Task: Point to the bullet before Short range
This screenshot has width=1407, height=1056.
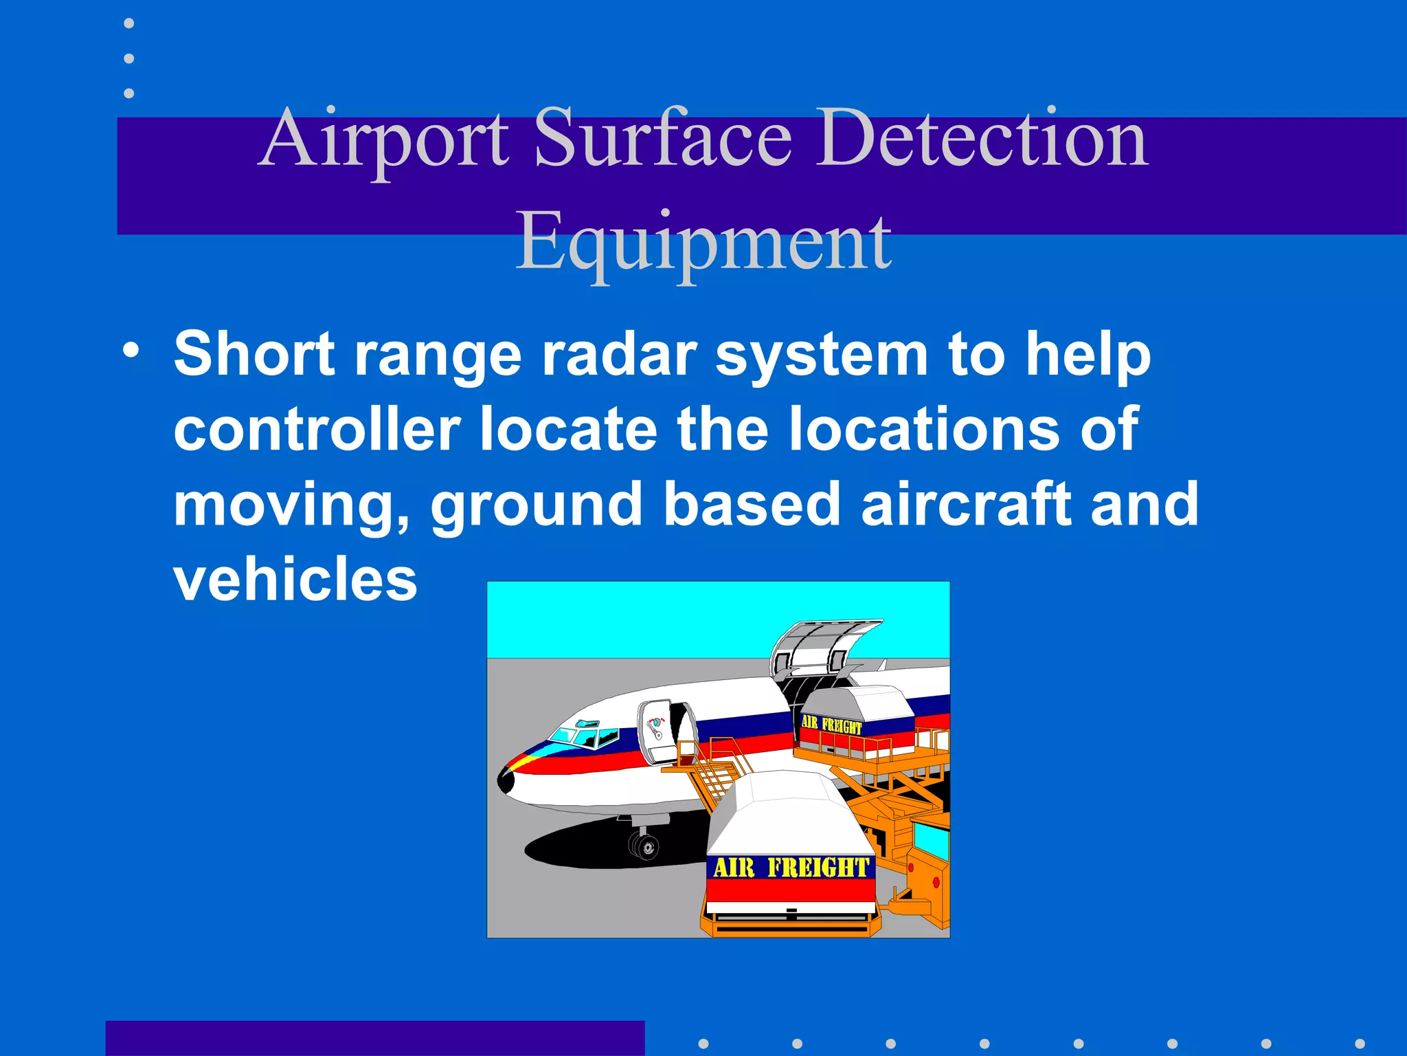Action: pyautogui.click(x=131, y=350)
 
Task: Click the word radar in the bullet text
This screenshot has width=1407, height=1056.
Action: pyautogui.click(x=619, y=355)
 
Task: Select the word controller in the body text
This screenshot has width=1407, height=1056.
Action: pyautogui.click(x=317, y=430)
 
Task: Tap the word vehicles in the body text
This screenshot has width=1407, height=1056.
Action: pyautogui.click(x=295, y=579)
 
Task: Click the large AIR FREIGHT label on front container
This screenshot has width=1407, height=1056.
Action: pyautogui.click(x=791, y=868)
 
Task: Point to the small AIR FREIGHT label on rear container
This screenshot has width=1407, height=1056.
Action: pyautogui.click(x=831, y=724)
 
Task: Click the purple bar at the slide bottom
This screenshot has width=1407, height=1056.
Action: pyautogui.click(x=374, y=1038)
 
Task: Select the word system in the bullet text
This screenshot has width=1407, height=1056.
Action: pyautogui.click(x=822, y=356)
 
